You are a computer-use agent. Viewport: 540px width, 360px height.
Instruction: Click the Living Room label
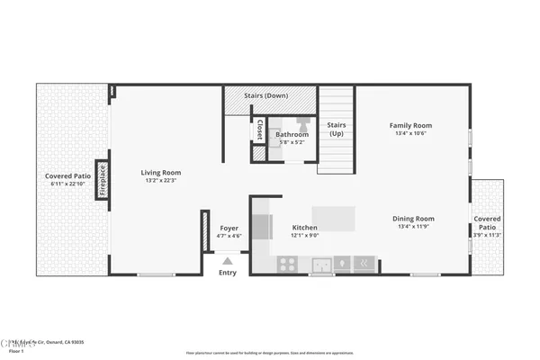pos(160,172)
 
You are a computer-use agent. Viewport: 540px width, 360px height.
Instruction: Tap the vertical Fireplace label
pos(103,178)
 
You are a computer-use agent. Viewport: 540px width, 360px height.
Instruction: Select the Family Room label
pos(409,125)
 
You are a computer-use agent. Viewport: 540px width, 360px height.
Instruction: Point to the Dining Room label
pos(413,219)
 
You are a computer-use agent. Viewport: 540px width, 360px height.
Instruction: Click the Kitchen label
pos(305,228)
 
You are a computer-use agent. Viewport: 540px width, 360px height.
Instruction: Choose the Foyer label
pos(229,228)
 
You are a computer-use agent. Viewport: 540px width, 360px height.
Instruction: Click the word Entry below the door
pos(227,273)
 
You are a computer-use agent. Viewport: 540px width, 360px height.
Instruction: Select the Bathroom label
pos(292,135)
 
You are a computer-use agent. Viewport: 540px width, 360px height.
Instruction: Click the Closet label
pos(260,130)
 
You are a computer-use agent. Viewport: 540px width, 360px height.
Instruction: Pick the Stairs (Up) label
pos(336,130)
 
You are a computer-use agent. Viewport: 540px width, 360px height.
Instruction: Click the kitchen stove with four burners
pos(288,264)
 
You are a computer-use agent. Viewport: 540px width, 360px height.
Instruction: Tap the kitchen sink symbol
pos(320,264)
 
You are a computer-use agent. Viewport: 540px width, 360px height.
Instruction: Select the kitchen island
pos(332,217)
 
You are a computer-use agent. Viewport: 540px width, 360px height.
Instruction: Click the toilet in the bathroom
pos(303,123)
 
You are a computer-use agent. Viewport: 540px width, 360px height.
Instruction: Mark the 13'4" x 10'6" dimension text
pos(409,134)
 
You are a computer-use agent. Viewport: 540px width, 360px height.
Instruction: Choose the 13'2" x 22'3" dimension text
pos(160,181)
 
